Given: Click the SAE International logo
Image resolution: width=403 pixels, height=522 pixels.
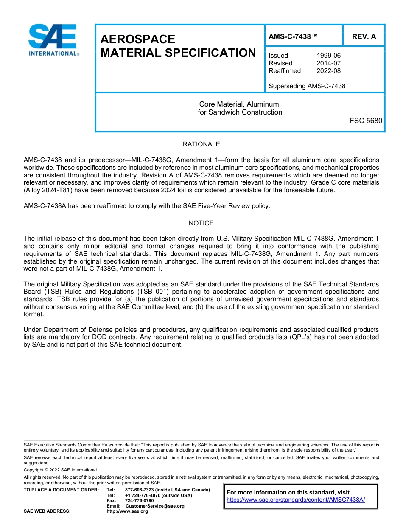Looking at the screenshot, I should pos(53,40).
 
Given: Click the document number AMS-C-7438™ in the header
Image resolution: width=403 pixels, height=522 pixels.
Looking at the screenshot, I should pos(293,36).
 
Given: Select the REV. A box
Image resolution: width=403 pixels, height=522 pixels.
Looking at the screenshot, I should pos(364,36).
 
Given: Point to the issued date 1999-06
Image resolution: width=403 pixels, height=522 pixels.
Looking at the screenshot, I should pos(328,56).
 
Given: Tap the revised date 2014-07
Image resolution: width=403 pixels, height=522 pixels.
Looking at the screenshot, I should pos(328,63).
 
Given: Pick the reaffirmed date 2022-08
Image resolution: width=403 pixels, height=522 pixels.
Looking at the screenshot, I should pos(328,71).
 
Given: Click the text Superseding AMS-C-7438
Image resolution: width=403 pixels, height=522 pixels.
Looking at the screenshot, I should pos(307,86).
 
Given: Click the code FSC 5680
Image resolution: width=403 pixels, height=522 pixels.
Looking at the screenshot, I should pos(366,121).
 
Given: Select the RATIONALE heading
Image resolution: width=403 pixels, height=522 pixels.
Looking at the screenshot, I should pos(201,144).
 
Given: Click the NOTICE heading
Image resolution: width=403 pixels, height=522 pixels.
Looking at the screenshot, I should pos(201,223).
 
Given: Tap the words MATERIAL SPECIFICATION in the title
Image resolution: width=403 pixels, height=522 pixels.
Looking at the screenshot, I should pos(178,53).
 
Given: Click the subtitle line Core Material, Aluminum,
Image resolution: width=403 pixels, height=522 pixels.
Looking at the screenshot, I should pos(240,104).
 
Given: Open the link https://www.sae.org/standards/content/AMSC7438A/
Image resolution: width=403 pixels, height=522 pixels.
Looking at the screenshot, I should pos(296,500).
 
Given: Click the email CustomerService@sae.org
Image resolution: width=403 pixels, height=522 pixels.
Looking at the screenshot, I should pos(155,506).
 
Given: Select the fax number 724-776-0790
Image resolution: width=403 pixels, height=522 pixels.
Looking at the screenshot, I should pos(139,501).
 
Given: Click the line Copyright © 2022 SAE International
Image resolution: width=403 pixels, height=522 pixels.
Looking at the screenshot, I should pos(60,470).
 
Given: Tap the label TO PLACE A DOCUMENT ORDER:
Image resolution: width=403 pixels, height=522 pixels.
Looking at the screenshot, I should pos(61,490).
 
